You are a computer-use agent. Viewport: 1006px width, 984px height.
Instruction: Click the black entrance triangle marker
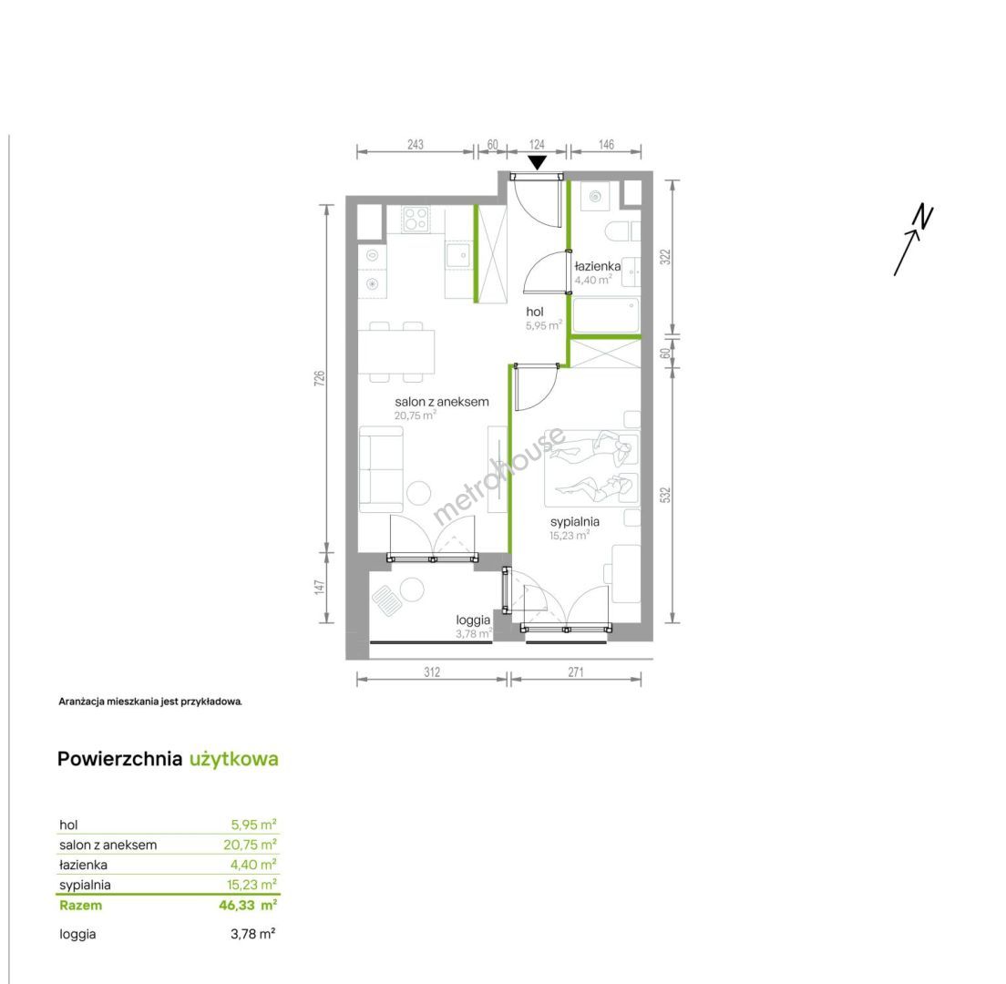pos(537,162)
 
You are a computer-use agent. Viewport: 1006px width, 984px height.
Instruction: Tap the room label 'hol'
pos(534,312)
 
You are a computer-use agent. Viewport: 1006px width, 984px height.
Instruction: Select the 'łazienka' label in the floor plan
pos(598,265)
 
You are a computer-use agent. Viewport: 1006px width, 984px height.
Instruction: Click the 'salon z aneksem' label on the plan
pos(441,402)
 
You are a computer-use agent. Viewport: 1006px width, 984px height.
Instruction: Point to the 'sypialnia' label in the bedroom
pos(575,521)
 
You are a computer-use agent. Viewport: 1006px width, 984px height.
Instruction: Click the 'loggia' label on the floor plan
pos(473,620)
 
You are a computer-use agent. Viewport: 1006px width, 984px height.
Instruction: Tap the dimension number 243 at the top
pos(416,144)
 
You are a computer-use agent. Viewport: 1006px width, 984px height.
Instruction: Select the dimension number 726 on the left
pos(320,378)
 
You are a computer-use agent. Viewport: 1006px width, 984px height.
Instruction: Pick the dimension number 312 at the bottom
pos(432,671)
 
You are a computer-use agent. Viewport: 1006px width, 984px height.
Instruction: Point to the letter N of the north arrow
pos(924,216)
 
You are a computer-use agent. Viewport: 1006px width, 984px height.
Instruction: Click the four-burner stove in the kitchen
pos(416,219)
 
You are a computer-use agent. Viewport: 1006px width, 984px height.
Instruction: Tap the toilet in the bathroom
pos(623,231)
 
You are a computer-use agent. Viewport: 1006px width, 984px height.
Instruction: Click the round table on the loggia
pos(411,589)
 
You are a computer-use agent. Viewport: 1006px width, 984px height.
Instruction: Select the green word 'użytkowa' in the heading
pos(233,760)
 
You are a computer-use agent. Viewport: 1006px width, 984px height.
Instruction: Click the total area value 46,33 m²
pos(248,905)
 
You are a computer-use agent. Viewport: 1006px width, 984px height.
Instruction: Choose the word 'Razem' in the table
pos(80,905)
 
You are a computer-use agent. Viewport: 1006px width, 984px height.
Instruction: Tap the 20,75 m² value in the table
pos(250,845)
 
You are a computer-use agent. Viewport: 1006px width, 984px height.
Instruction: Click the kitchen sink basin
pos(459,255)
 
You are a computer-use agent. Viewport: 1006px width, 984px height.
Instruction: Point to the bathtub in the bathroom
pos(606,315)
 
